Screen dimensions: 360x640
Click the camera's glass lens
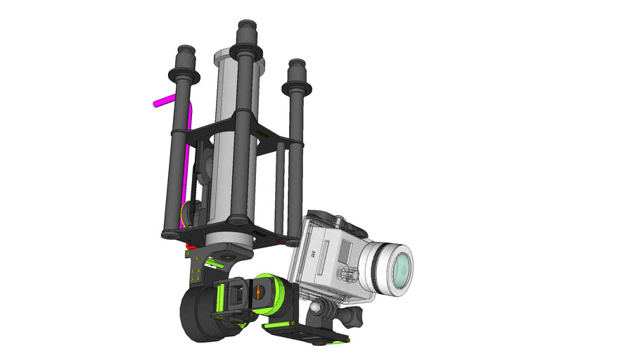[399, 268]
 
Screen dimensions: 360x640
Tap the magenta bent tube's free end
[157, 103]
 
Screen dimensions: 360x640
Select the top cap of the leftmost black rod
[186, 51]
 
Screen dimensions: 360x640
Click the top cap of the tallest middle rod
[246, 27]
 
